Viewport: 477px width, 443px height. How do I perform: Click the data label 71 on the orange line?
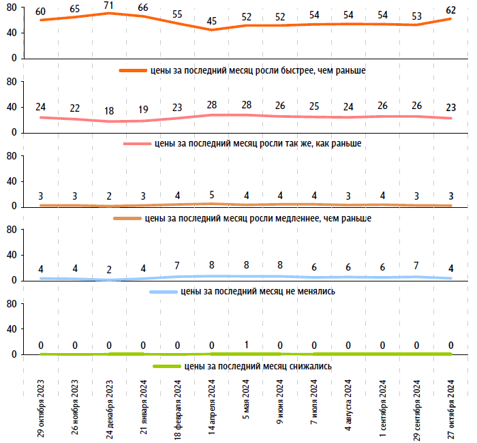tap(109, 5)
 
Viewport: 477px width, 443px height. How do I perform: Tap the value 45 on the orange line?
tap(211, 21)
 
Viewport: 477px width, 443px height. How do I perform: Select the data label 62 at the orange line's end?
tap(450, 10)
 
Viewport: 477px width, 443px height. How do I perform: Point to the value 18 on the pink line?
tap(109, 111)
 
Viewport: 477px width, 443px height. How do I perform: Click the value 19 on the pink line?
tap(143, 110)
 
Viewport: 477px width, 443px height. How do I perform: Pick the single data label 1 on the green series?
tap(245, 345)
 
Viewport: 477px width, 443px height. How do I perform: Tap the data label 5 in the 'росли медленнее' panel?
tap(211, 194)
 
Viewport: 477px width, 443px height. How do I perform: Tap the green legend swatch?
tap(166, 366)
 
